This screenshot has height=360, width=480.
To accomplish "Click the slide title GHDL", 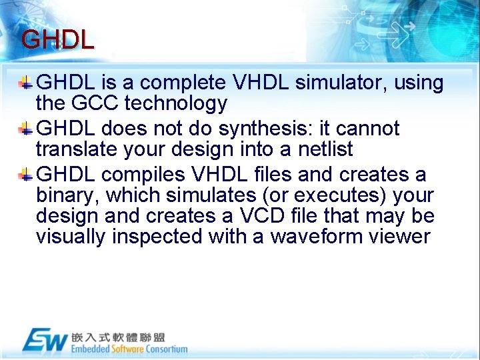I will pyautogui.click(x=57, y=40).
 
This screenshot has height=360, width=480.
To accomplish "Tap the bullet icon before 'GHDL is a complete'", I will pyautogui.click(x=25, y=83).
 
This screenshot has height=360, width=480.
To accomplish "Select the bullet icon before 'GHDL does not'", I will pyautogui.click(x=25, y=129).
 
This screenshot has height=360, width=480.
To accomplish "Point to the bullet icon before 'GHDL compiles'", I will pyautogui.click(x=25, y=175).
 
